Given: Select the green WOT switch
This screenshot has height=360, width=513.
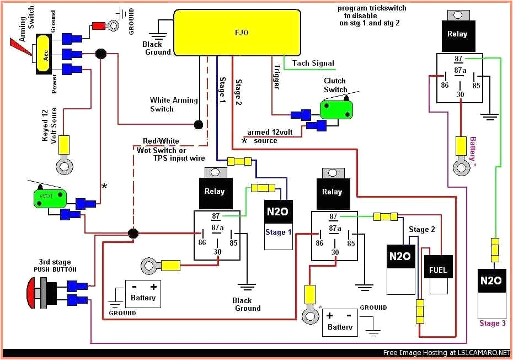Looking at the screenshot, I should [x=50, y=198].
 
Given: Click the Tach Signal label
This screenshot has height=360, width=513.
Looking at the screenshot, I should [x=313, y=63].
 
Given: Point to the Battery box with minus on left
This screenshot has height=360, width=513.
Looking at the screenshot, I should [x=143, y=293].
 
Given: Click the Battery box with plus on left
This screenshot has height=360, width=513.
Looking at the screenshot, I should [x=340, y=322].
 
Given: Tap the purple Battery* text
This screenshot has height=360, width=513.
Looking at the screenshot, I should [x=472, y=149].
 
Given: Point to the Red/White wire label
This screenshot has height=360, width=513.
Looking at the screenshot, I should [x=161, y=141].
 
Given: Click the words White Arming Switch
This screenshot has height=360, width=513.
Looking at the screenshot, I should [x=173, y=104].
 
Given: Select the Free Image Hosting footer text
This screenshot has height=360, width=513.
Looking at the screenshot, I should [x=446, y=352].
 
